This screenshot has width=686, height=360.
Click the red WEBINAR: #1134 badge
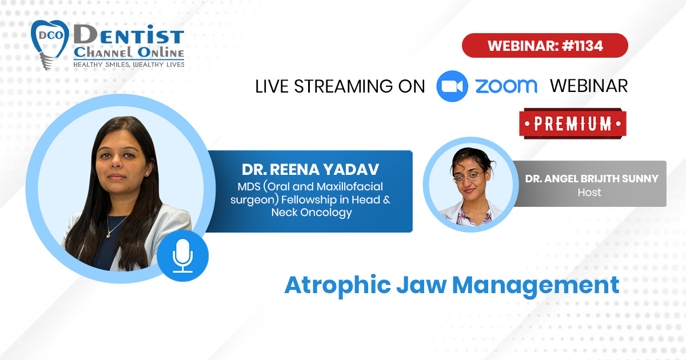[x=545, y=45]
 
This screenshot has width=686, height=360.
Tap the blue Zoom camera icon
[x=452, y=86]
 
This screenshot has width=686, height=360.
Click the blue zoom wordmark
[x=506, y=86]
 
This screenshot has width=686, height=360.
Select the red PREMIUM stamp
[x=573, y=123]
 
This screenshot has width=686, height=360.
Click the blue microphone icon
[x=183, y=255]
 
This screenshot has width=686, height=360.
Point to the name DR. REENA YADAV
[x=310, y=170]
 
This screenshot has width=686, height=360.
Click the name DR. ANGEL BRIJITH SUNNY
[x=592, y=179]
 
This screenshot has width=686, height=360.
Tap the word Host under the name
[x=589, y=193]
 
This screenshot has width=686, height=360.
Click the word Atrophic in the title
[x=338, y=286]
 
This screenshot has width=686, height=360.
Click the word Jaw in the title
[x=421, y=285]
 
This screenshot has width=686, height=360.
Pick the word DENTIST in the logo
[x=129, y=35]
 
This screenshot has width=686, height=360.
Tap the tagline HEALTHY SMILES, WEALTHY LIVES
[x=129, y=65]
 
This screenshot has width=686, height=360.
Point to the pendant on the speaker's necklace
[x=109, y=235]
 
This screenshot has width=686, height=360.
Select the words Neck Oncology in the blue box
[x=312, y=213]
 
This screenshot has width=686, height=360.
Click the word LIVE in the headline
[x=272, y=86]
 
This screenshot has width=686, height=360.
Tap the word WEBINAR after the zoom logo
[x=589, y=86]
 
